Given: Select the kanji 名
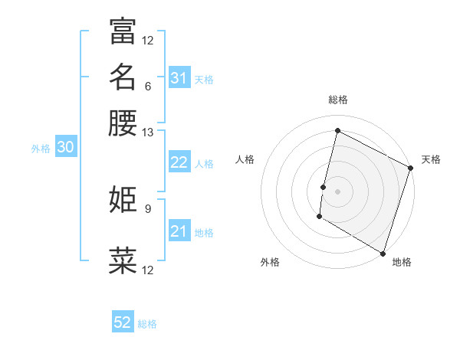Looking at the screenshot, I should click(x=123, y=77).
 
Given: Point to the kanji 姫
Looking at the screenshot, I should click(x=123, y=200).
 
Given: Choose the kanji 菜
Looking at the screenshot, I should click(x=123, y=260).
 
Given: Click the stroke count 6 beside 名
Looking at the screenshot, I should click(x=147, y=86).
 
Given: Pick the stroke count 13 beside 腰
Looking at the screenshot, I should click(x=147, y=133).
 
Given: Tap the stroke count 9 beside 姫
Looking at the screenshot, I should click(x=147, y=208).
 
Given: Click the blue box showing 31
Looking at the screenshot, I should click(x=179, y=78).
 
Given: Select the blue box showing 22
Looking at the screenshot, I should click(x=179, y=162).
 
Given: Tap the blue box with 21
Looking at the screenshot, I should click(x=179, y=231).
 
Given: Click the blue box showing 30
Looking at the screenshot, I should click(x=65, y=148).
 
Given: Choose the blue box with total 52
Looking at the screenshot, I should click(x=123, y=322).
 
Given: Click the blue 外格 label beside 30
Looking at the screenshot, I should click(x=41, y=149).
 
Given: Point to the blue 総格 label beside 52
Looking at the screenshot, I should click(x=147, y=324).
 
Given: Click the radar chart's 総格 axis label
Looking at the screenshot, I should click(x=337, y=100).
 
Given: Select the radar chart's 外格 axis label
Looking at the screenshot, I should click(x=270, y=263).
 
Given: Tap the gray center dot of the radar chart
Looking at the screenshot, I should click(x=337, y=191).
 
